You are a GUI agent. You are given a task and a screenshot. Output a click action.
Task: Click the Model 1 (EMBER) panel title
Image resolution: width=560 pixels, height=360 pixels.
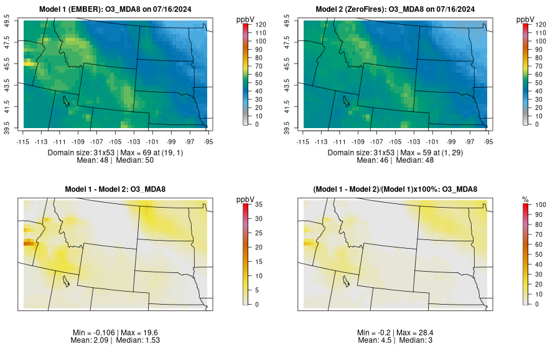[x=118, y=9]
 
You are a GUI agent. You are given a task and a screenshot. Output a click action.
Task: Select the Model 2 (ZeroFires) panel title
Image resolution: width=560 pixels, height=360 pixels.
[x=396, y=9]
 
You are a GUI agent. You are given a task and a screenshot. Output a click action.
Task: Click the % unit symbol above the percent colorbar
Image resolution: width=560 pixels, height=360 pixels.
[x=525, y=199]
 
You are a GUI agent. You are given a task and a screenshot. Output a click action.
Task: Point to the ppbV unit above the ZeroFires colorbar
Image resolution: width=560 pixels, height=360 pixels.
[x=526, y=19]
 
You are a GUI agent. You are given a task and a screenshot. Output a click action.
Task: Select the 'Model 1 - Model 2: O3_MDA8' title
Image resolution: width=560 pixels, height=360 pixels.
[x=118, y=188]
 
